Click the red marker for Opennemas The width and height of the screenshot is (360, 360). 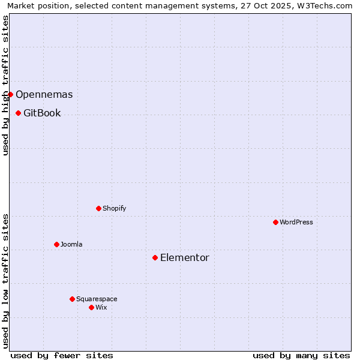(x=10, y=94)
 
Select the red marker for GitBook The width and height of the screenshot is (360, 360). (x=18, y=113)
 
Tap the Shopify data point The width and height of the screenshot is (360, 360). (x=98, y=208)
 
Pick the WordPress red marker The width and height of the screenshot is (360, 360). (x=275, y=222)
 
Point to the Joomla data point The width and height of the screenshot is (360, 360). (x=56, y=244)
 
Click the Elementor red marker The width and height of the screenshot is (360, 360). (x=155, y=257)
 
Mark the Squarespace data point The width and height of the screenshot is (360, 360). (x=72, y=299)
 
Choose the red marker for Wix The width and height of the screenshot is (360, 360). (x=91, y=307)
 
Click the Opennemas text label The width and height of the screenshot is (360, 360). (x=44, y=94)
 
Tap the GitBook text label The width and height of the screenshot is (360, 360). (x=42, y=113)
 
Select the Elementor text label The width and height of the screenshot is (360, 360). (x=184, y=257)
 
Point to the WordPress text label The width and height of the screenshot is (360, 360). (x=296, y=222)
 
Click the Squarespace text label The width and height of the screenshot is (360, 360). (x=97, y=299)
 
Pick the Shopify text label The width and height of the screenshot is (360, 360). (x=114, y=208)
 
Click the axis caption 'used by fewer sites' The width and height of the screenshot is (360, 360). (x=62, y=355)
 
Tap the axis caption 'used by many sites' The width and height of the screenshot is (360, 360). (x=301, y=355)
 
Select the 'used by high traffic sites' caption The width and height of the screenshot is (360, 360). (x=5, y=85)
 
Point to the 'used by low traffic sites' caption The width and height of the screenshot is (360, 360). (x=5, y=281)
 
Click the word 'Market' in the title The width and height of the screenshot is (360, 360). (x=22, y=5)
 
